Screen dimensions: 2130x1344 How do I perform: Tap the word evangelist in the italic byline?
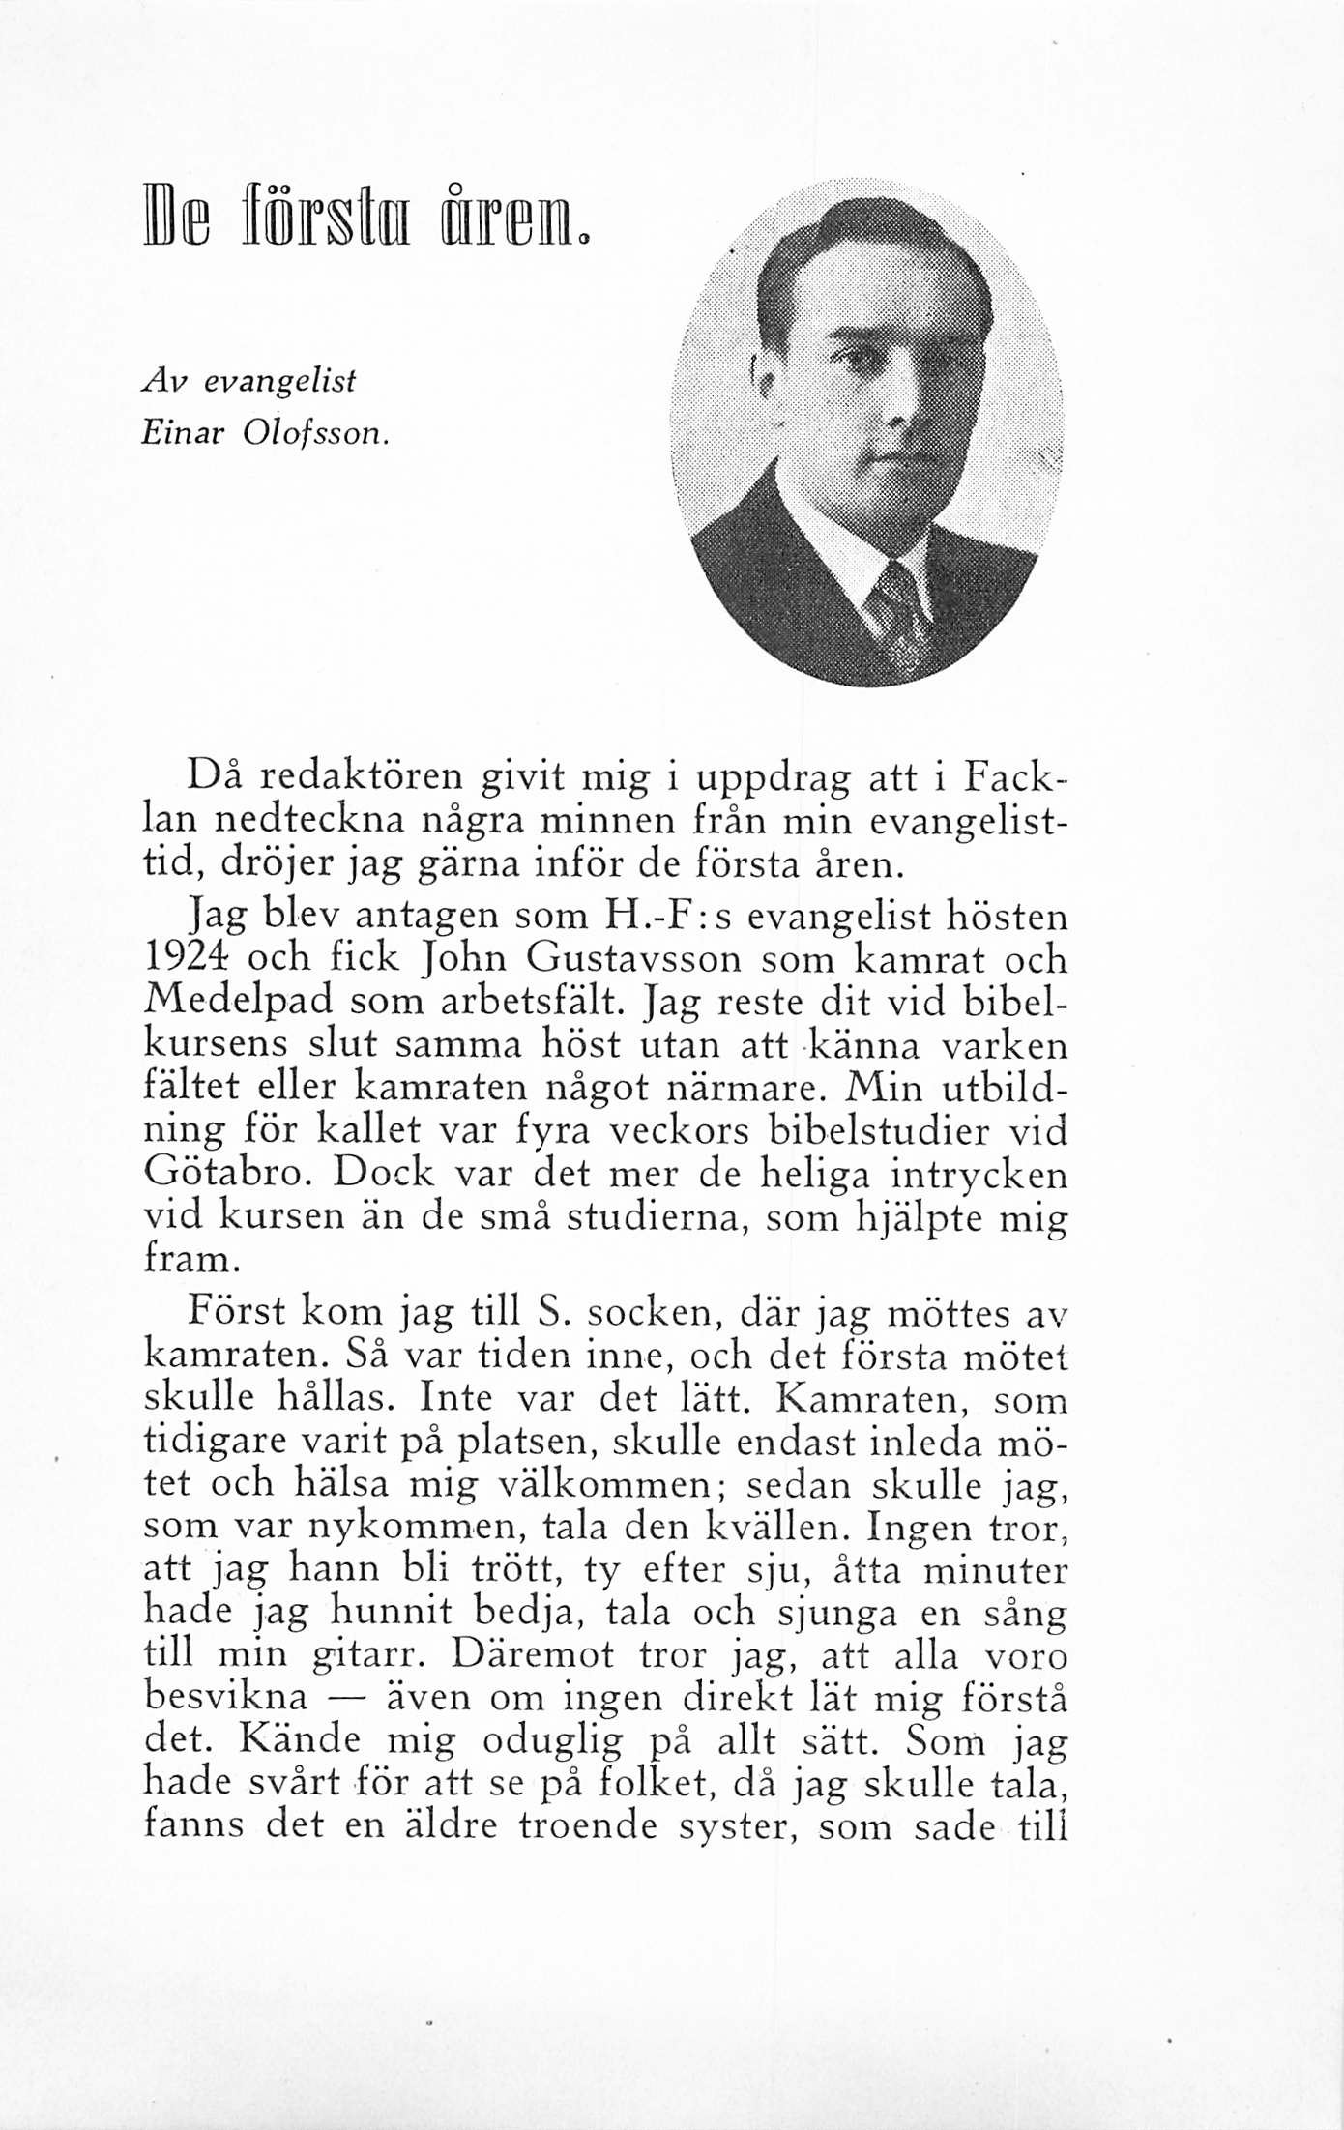tap(280, 382)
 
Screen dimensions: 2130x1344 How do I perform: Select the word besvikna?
tap(225, 1697)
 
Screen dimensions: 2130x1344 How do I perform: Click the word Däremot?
tap(531, 1654)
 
